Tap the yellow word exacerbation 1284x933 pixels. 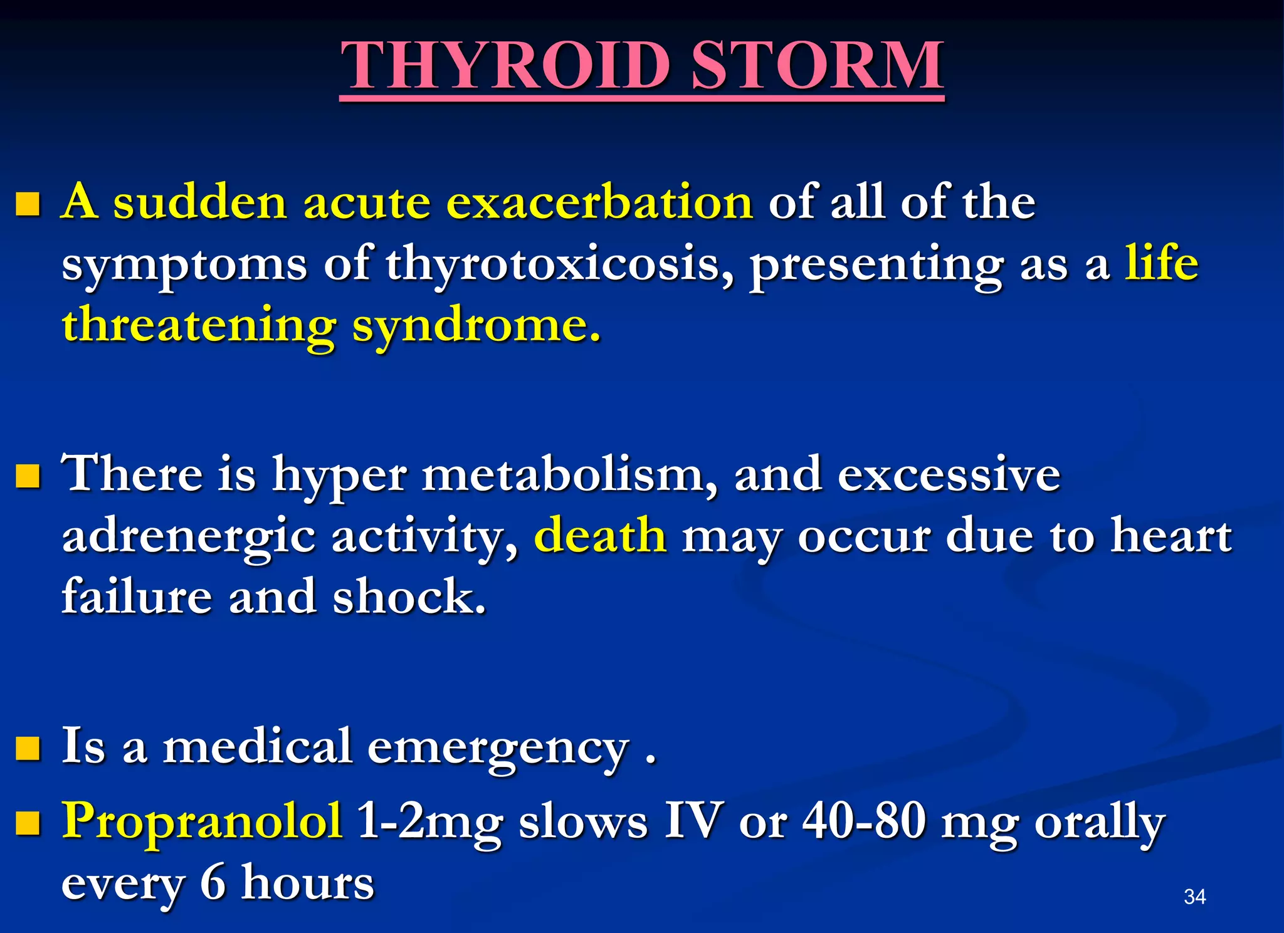point(599,202)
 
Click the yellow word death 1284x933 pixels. point(600,536)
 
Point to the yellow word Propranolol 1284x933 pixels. point(202,820)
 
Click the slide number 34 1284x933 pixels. point(1194,897)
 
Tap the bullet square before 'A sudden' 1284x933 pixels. point(28,204)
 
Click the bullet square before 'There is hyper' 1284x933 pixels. point(28,476)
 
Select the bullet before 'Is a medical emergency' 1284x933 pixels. point(28,748)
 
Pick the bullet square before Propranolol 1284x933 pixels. point(28,823)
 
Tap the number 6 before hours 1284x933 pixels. point(213,882)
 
